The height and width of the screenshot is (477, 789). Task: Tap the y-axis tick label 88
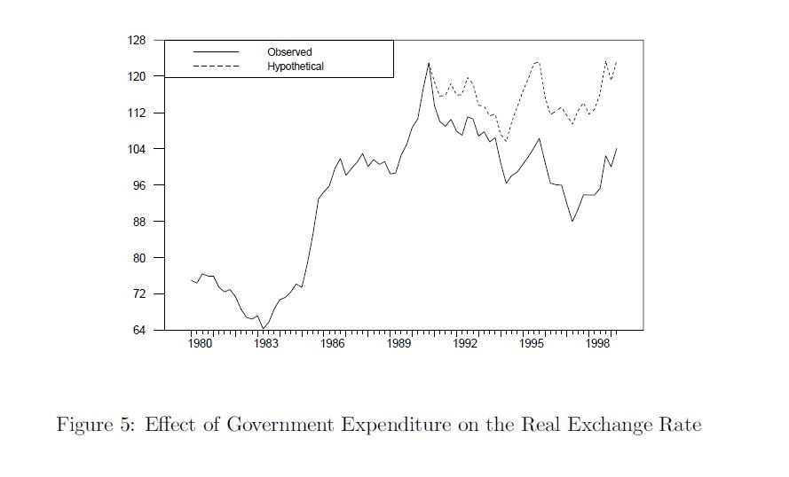pyautogui.click(x=138, y=222)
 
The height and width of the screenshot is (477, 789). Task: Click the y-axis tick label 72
pyautogui.click(x=138, y=294)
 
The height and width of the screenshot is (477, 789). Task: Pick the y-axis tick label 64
pyautogui.click(x=138, y=331)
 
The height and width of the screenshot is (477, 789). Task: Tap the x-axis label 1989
pyautogui.click(x=399, y=343)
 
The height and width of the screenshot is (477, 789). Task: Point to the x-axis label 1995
pyautogui.click(x=532, y=343)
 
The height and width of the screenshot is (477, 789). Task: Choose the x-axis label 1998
pyautogui.click(x=599, y=343)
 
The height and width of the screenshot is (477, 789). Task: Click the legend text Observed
pyautogui.click(x=289, y=52)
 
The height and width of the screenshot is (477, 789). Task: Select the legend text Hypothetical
pyautogui.click(x=296, y=66)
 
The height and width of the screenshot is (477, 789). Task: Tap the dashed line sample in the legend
pyautogui.click(x=216, y=66)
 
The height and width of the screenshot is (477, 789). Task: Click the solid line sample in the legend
pyautogui.click(x=216, y=52)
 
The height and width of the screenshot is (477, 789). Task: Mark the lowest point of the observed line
pyautogui.click(x=263, y=329)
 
